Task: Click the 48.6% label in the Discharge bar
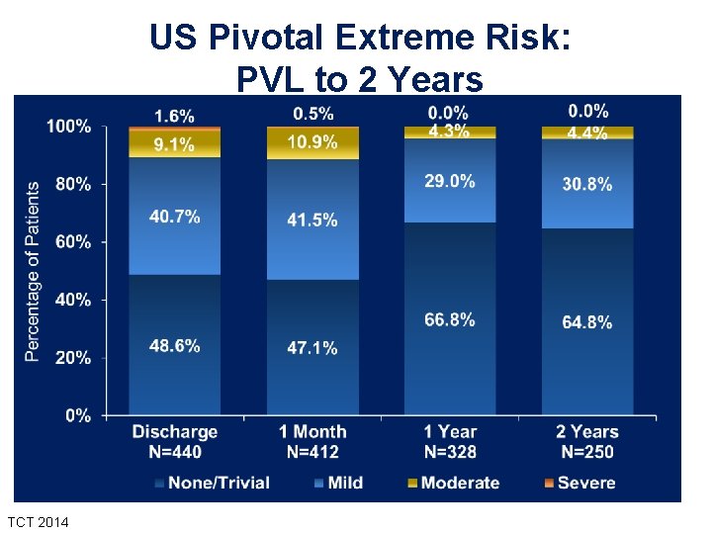pos(175,346)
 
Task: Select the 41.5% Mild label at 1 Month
pos(312,220)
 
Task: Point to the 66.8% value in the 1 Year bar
pos(450,319)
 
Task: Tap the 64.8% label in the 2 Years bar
pos(587,322)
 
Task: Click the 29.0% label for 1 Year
pos(450,181)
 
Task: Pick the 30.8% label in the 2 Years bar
pos(587,184)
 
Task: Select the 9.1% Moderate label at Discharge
pos(174,145)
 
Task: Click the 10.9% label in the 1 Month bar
pos(312,142)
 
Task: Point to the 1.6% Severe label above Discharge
pos(174,117)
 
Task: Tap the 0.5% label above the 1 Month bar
pos(312,113)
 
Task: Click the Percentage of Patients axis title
pos(32,271)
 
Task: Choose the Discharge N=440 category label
pos(175,442)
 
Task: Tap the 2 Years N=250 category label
pos(587,442)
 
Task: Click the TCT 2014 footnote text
pos(38,520)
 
